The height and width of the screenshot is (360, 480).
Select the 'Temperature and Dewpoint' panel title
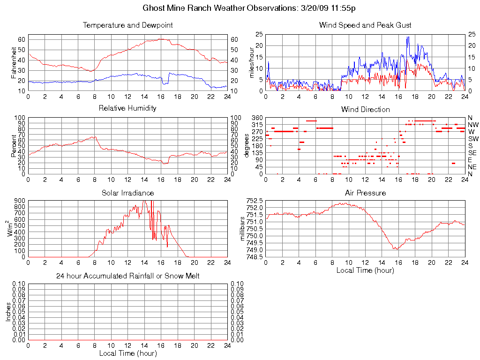[127, 25]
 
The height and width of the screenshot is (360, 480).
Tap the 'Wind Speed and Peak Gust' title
[365, 25]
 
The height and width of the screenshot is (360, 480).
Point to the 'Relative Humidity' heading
[127, 109]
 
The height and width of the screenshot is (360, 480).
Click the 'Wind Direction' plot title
[365, 110]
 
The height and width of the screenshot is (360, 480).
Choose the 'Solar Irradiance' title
[127, 193]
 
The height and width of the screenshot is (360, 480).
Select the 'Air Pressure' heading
[365, 193]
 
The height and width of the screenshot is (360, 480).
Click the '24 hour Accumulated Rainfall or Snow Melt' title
[127, 277]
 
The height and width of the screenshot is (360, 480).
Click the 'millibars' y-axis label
[243, 229]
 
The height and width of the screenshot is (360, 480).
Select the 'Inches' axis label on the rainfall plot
[8, 312]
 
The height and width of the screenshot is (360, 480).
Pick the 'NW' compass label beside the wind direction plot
[473, 125]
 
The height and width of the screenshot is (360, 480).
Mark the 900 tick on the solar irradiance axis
[20, 201]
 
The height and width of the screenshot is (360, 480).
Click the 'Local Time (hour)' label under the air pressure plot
[365, 270]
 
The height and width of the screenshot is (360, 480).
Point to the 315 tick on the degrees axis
[257, 125]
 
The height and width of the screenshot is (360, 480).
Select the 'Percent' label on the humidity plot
[14, 146]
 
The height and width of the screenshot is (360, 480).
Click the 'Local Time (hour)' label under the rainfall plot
[127, 353]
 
